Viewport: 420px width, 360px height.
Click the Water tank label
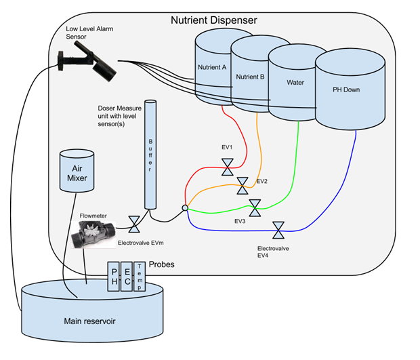[x=295, y=83]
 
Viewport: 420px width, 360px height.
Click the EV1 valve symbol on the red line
[x=228, y=165]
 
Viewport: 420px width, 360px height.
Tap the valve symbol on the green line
[x=255, y=206]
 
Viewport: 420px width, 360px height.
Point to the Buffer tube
[x=151, y=155]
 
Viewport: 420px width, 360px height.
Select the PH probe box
[x=112, y=277]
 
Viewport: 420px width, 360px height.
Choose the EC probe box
[x=127, y=277]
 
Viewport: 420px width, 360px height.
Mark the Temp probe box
[x=140, y=277]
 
